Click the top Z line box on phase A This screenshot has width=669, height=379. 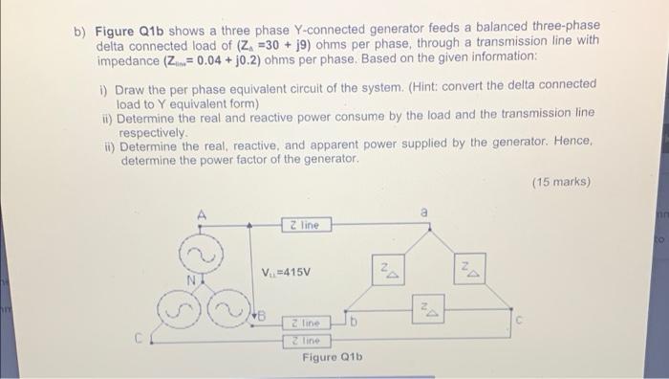tap(307, 225)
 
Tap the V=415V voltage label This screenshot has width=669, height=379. tap(286, 272)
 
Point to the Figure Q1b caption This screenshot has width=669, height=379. tap(333, 358)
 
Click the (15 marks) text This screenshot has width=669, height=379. tap(560, 181)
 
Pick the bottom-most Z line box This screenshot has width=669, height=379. tap(307, 340)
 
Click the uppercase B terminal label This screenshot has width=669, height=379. tap(259, 315)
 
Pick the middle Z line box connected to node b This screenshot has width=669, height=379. tap(307, 324)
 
